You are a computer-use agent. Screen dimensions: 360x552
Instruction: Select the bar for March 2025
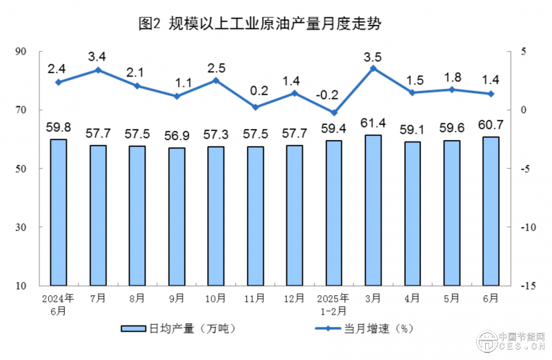click(x=373, y=210)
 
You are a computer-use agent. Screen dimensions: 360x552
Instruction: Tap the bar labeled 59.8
click(x=59, y=212)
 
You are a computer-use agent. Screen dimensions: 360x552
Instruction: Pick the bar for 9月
click(x=177, y=216)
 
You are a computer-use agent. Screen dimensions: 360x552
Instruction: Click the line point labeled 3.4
click(x=98, y=70)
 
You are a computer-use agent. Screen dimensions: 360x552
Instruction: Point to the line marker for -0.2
click(x=334, y=112)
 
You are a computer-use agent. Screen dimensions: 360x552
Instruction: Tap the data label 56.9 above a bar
click(x=177, y=134)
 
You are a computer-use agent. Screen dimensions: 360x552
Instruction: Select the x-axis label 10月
click(x=215, y=299)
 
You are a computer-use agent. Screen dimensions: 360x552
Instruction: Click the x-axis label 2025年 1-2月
click(x=334, y=304)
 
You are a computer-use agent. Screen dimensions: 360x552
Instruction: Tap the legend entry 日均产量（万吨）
click(x=178, y=329)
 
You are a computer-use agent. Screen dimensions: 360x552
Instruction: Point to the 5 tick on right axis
click(x=524, y=52)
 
